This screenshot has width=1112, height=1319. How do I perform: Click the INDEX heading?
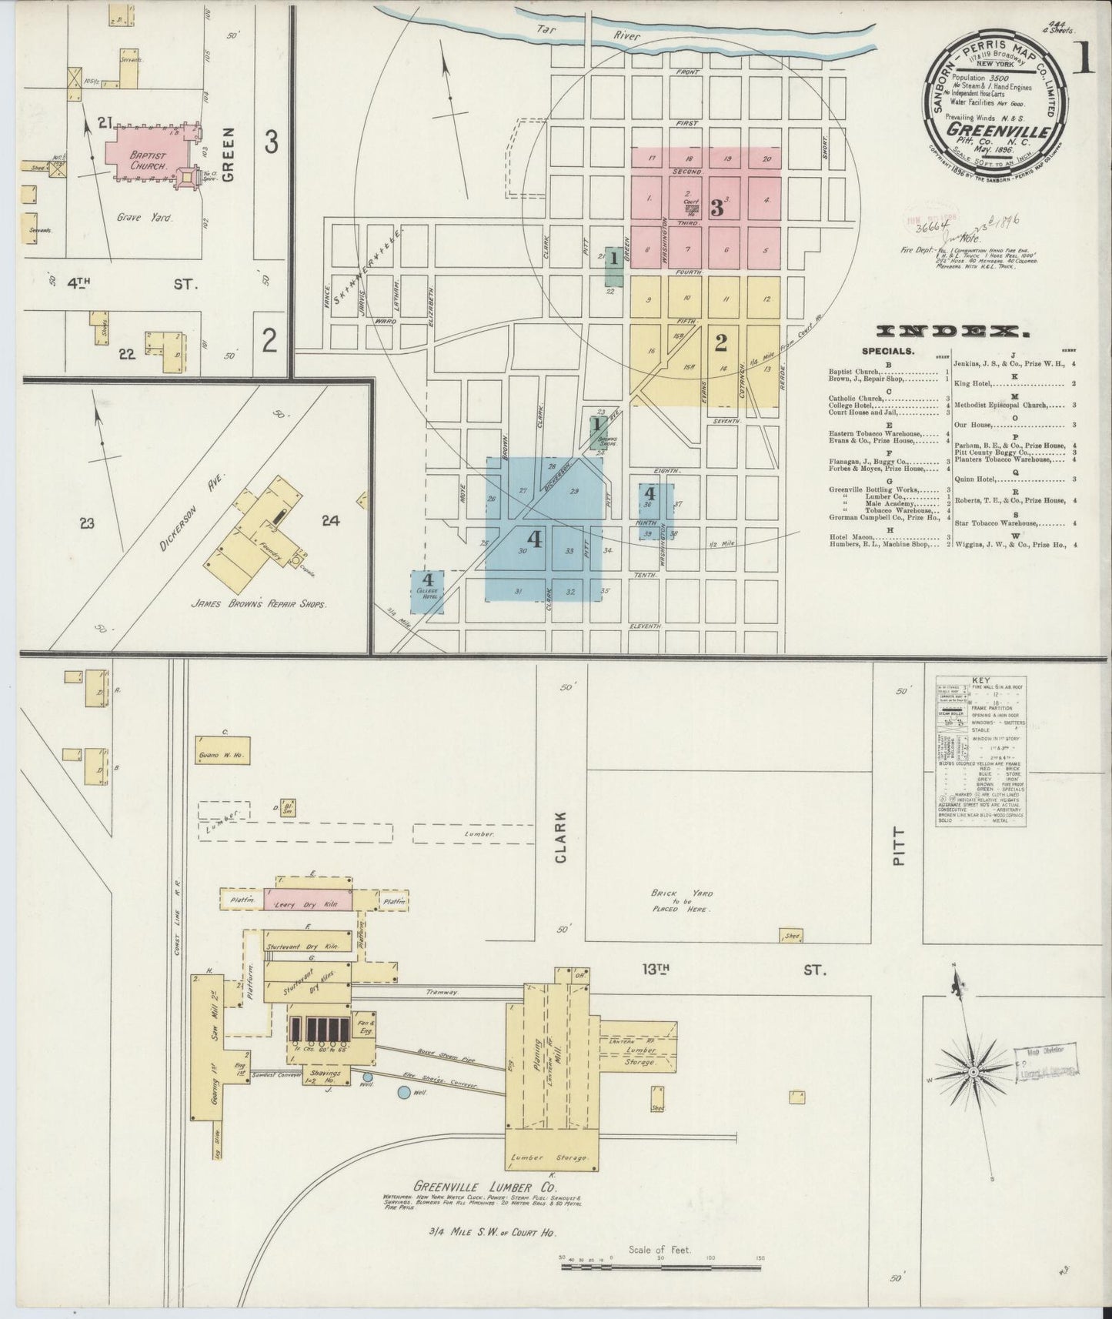coord(953,332)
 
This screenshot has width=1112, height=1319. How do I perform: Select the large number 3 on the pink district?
coord(717,208)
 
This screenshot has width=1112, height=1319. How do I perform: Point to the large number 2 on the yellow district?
coord(720,343)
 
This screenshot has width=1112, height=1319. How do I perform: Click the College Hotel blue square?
coord(428,592)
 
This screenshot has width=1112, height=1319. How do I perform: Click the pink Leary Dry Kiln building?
coord(308,900)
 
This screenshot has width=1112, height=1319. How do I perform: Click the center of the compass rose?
coord(973,1071)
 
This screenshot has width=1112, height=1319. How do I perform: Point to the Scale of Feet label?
coord(660,1250)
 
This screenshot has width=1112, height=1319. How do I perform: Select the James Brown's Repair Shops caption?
coord(258,604)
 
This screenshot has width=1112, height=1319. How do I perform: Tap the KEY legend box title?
coord(980,682)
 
